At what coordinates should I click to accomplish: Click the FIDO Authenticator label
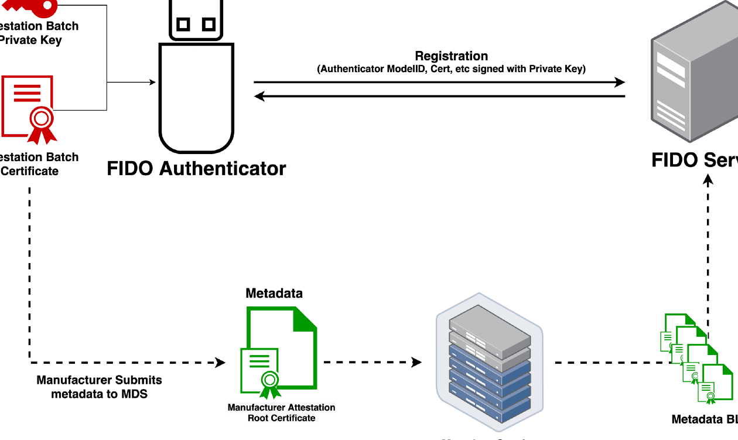click(196, 169)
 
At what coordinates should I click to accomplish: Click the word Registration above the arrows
click(451, 56)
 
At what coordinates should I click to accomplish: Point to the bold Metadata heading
click(274, 293)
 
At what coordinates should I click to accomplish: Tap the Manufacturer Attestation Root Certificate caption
click(281, 412)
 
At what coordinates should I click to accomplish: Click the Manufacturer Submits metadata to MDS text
click(99, 387)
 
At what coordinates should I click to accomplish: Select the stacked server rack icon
click(490, 366)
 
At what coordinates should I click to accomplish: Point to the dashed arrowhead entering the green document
click(220, 363)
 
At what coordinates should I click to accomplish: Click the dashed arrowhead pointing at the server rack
click(416, 362)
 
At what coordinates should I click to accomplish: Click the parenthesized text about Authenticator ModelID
click(451, 69)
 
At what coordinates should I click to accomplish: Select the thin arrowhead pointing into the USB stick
click(153, 83)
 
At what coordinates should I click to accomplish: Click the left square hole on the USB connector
click(183, 24)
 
